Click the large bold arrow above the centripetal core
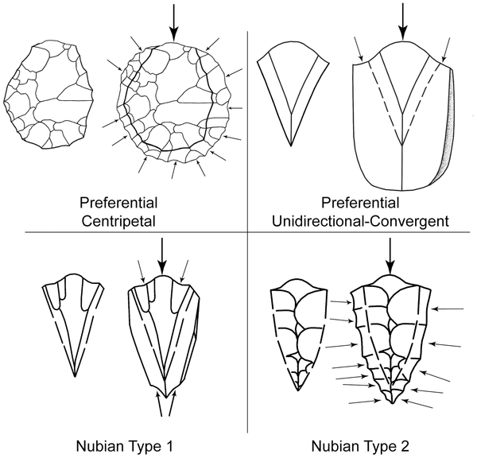(x=174, y=23)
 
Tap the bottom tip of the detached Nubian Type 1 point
(x=75, y=375)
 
